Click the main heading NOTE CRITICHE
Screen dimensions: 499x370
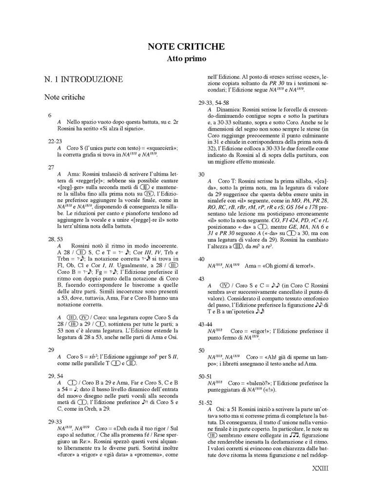(x=186, y=47)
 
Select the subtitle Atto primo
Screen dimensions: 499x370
(x=186, y=59)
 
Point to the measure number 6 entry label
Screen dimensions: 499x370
(x=49, y=115)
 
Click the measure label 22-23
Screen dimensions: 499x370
(x=55, y=140)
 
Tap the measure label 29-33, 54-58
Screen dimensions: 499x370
(x=220, y=103)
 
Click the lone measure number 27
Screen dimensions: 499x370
(x=51, y=167)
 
